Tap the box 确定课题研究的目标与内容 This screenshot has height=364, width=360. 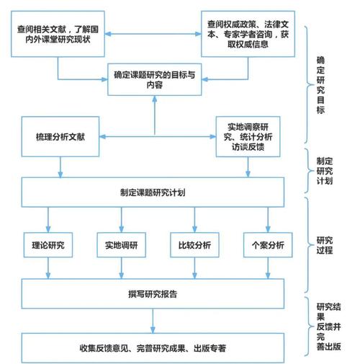[154, 78]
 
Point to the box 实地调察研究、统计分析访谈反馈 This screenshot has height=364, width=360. [249, 138]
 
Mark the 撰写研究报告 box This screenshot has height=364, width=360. [154, 293]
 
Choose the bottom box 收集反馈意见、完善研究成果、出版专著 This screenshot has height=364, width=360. [154, 348]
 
